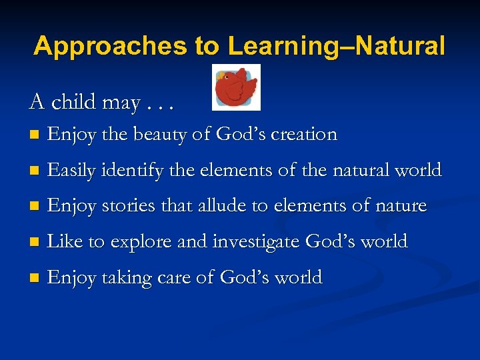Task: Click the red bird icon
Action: (x=236, y=87)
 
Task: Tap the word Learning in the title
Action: (x=277, y=46)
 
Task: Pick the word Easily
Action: (x=73, y=171)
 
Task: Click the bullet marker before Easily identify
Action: (x=34, y=171)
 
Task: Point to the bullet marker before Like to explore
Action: (x=34, y=242)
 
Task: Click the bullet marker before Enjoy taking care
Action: (x=34, y=278)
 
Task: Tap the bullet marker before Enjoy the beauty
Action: (x=34, y=135)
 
